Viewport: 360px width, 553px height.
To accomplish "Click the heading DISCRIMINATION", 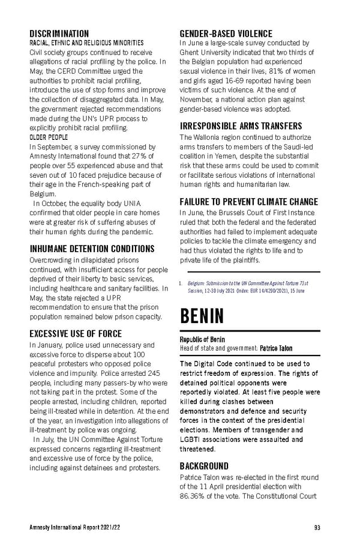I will (59, 34).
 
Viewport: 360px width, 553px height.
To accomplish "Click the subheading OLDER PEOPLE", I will (49, 137).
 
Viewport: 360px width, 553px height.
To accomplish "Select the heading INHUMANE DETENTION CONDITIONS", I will (92, 249).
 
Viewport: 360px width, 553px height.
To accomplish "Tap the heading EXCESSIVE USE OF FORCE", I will (76, 333).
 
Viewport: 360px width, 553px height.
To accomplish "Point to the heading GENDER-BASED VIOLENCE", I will (226, 34).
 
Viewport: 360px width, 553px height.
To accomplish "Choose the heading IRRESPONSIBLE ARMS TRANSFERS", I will (241, 126).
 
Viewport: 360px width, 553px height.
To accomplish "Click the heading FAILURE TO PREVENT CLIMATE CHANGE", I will (249, 202).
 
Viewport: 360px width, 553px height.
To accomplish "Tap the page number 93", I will (316, 528).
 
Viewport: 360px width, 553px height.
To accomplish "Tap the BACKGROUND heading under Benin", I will (204, 466).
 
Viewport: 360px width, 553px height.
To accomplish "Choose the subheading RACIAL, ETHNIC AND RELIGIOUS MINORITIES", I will (86, 43).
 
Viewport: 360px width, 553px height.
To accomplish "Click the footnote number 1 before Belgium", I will (181, 282).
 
